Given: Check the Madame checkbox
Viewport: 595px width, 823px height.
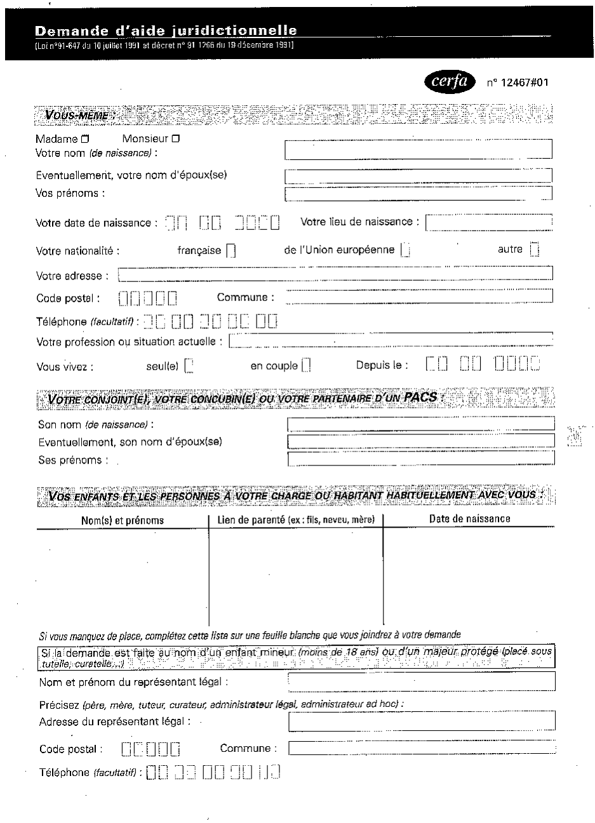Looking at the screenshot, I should point(84,139).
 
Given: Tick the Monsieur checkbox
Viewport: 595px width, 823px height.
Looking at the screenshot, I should point(176,139).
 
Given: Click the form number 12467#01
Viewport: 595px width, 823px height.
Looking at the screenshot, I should point(517,82).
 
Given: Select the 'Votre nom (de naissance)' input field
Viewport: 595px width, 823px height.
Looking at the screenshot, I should point(418,149).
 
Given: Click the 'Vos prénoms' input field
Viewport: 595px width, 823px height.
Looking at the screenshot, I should point(418,194).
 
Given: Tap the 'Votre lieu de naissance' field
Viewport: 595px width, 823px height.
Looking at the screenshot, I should point(488,223).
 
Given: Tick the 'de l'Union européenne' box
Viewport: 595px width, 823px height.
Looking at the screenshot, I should point(405,250).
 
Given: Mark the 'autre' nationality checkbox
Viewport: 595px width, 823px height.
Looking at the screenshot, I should point(534,250).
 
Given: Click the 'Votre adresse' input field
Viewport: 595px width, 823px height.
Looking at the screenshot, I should point(335,275).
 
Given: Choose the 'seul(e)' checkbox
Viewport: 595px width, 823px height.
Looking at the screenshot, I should point(188,366).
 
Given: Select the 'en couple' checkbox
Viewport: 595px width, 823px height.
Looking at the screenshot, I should point(306,366).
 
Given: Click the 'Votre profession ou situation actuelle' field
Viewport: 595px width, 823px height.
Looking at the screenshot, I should point(390,342).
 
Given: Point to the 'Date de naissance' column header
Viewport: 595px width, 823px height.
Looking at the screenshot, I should point(469,519).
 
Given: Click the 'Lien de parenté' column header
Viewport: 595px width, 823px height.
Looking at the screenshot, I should point(296,520).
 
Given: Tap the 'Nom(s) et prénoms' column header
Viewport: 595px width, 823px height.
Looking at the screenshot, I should point(123,520).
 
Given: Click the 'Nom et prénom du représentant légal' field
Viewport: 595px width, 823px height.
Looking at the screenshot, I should point(422,681).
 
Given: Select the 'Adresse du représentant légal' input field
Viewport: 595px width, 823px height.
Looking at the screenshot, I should point(422,721).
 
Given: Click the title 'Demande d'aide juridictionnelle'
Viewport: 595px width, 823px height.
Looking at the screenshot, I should point(166,31).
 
